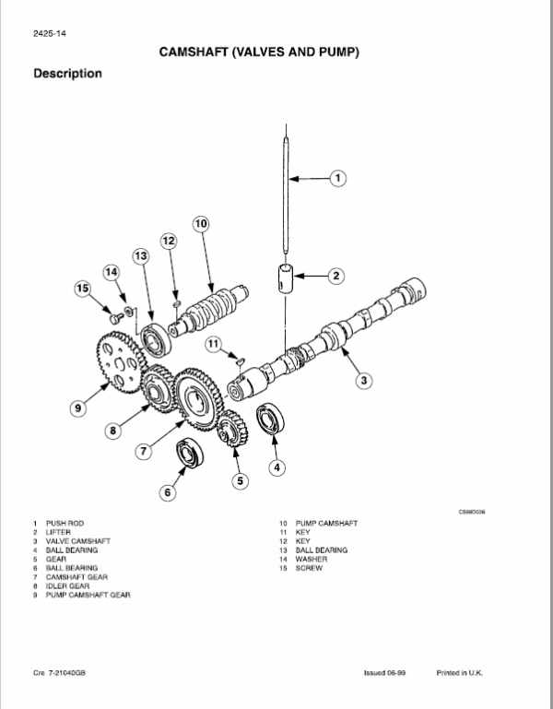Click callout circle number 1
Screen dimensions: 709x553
pyautogui.click(x=337, y=177)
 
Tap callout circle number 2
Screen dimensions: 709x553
pyautogui.click(x=337, y=275)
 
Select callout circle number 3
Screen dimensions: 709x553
pyautogui.click(x=364, y=379)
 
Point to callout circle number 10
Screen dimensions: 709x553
pyautogui.click(x=201, y=223)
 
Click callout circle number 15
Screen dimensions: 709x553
pyautogui.click(x=83, y=290)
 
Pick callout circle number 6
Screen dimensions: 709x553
pyautogui.click(x=167, y=492)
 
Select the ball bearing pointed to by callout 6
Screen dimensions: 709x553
pyautogui.click(x=191, y=455)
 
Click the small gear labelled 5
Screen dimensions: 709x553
pyautogui.click(x=230, y=431)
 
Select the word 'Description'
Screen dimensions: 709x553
pyautogui.click(x=67, y=74)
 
